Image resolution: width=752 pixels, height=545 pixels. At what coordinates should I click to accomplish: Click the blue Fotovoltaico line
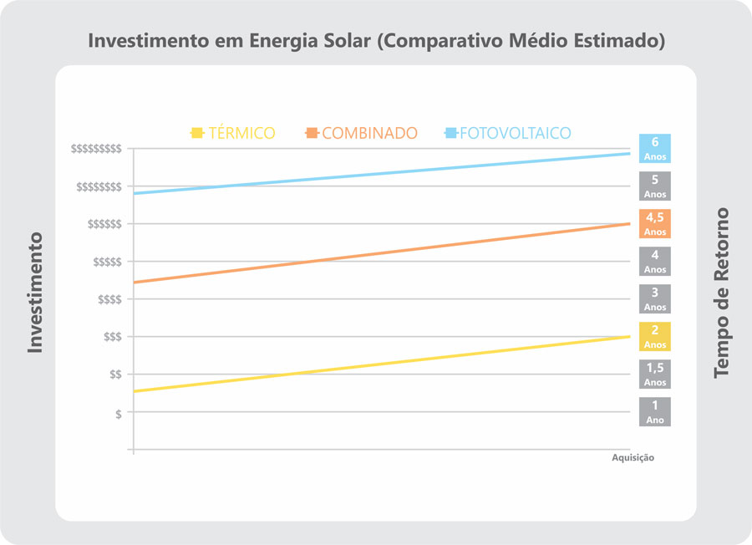pyautogui.click(x=381, y=174)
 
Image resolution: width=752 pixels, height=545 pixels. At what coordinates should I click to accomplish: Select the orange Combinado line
pyautogui.click(x=381, y=253)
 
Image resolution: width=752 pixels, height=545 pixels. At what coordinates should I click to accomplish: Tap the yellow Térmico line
pyautogui.click(x=381, y=364)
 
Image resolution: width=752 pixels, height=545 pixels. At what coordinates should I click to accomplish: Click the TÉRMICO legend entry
pyautogui.click(x=233, y=133)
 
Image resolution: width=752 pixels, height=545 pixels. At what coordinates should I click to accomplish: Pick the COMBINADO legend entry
pyautogui.click(x=362, y=133)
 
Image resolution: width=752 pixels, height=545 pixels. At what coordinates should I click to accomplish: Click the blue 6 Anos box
pyautogui.click(x=655, y=148)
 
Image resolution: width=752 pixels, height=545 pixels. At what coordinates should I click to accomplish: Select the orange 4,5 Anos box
pyautogui.click(x=655, y=223)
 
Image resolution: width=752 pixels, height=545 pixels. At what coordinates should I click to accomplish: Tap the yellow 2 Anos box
pyautogui.click(x=655, y=336)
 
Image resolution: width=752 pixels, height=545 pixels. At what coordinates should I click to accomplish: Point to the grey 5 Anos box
pyautogui.click(x=655, y=186)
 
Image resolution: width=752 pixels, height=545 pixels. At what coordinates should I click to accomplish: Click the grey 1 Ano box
pyautogui.click(x=655, y=411)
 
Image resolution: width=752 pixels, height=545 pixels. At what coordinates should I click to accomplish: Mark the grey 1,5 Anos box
pyautogui.click(x=655, y=374)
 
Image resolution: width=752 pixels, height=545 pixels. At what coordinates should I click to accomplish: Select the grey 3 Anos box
pyautogui.click(x=655, y=298)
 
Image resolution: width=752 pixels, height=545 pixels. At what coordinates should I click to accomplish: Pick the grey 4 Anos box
pyautogui.click(x=655, y=261)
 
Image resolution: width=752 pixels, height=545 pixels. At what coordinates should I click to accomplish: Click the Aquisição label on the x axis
pyautogui.click(x=633, y=458)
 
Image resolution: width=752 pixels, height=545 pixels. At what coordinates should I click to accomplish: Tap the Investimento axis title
pyautogui.click(x=34, y=292)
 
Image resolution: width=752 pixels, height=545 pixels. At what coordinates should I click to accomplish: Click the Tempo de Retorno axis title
pyautogui.click(x=721, y=293)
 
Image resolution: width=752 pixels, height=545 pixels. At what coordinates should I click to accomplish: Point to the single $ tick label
pyautogui.click(x=118, y=413)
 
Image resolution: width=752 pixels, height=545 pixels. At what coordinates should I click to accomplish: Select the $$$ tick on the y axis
pyautogui.click(x=111, y=337)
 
